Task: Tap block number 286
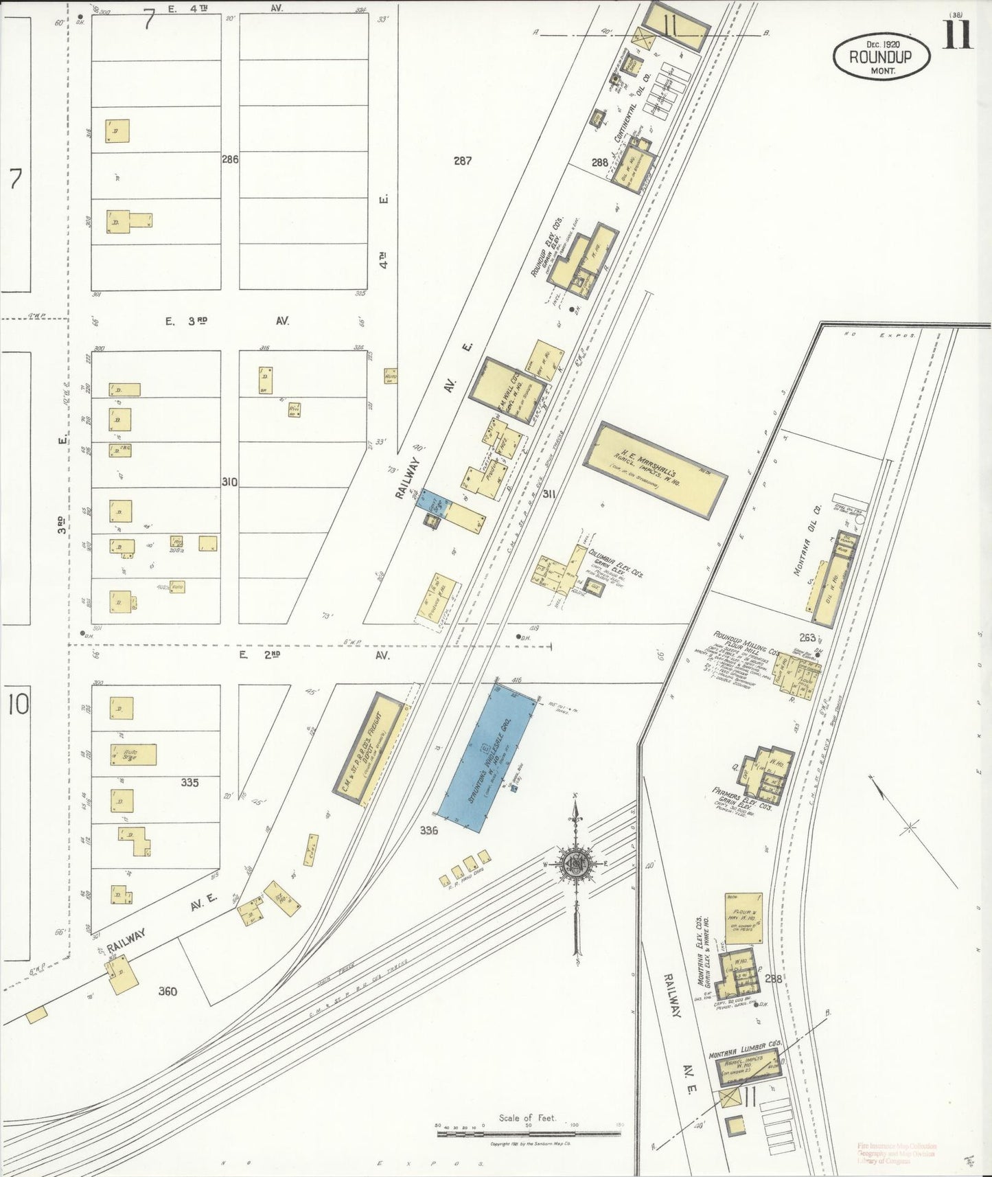point(229,159)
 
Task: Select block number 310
point(229,482)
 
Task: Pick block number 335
point(189,782)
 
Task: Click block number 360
point(168,991)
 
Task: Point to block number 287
point(463,161)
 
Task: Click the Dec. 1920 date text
point(881,43)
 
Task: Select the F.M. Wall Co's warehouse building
point(507,389)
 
